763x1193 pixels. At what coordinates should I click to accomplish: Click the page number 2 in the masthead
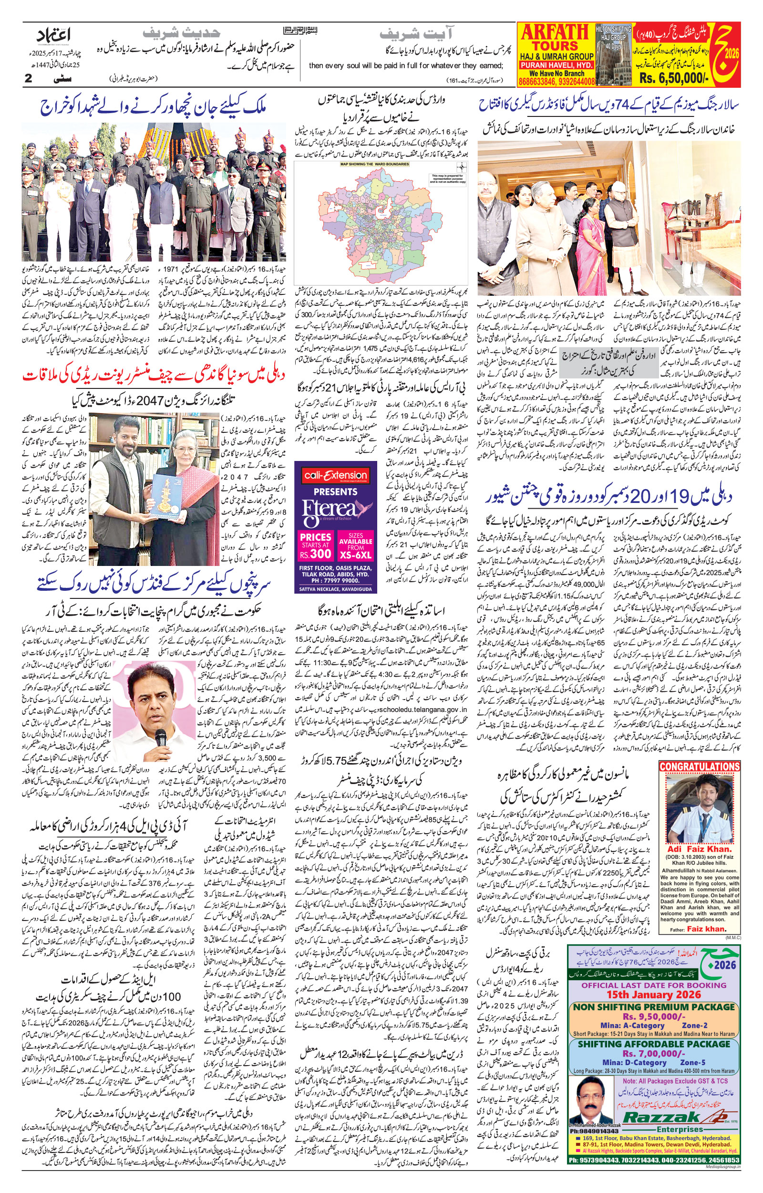pos(29,78)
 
